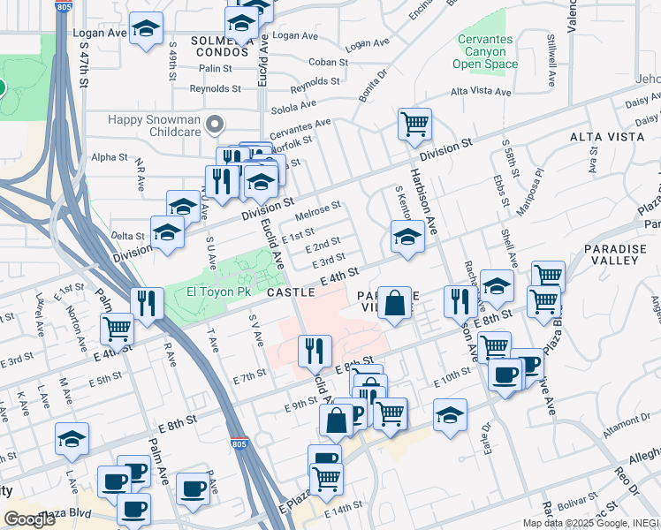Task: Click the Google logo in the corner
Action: point(28,519)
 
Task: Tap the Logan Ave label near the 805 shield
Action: point(102,33)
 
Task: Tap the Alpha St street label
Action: point(110,157)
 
